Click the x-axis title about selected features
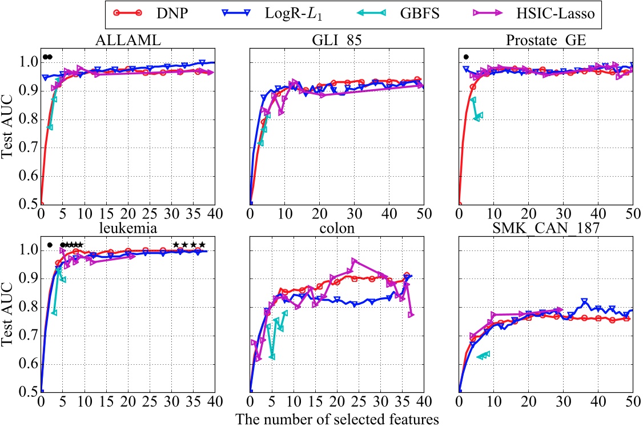(x=337, y=419)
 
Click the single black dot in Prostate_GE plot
(x=466, y=57)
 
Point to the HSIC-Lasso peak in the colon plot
(x=355, y=261)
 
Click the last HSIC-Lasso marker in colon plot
(x=411, y=314)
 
